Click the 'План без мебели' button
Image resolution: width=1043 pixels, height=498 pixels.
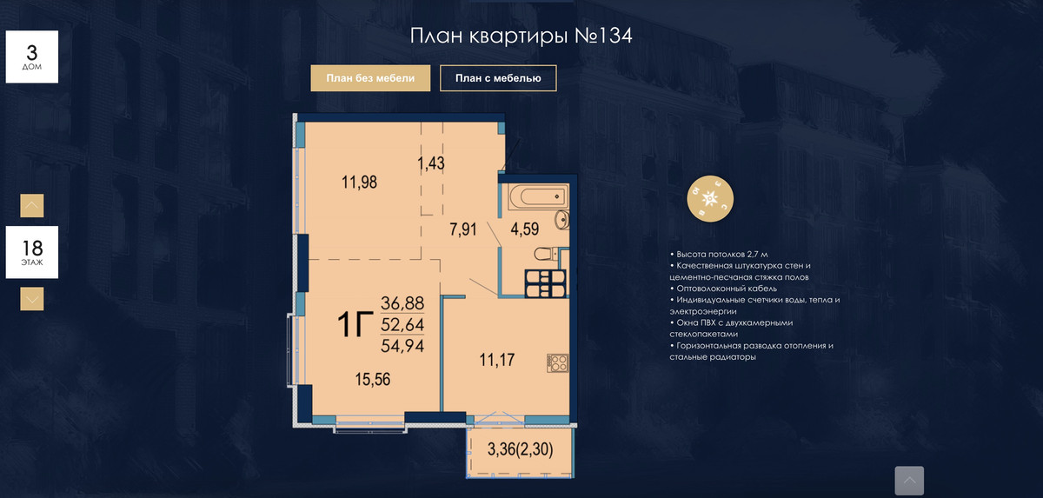tap(370, 78)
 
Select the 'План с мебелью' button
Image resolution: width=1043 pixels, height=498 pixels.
tap(498, 78)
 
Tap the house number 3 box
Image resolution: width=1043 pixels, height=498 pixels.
tap(31, 56)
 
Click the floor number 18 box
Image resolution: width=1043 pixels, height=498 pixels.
tap(31, 252)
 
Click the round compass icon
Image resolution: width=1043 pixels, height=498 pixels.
tap(710, 199)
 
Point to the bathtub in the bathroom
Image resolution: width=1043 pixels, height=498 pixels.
tap(539, 197)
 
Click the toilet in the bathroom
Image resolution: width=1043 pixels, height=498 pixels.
tap(546, 254)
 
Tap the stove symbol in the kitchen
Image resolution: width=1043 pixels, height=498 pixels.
tap(557, 363)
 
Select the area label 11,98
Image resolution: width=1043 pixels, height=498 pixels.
tap(359, 182)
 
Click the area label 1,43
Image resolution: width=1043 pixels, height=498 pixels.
tap(431, 163)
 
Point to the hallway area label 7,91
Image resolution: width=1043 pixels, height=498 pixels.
tap(462, 229)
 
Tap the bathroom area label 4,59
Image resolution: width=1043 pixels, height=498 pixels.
tap(525, 229)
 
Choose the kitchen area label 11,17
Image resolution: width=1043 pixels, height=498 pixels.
tap(497, 360)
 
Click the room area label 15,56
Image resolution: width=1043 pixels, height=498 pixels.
tap(373, 379)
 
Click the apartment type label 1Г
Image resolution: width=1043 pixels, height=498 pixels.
tap(355, 324)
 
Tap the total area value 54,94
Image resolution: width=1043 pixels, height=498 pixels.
tap(402, 346)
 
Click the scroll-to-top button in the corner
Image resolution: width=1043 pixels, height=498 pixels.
tap(909, 481)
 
